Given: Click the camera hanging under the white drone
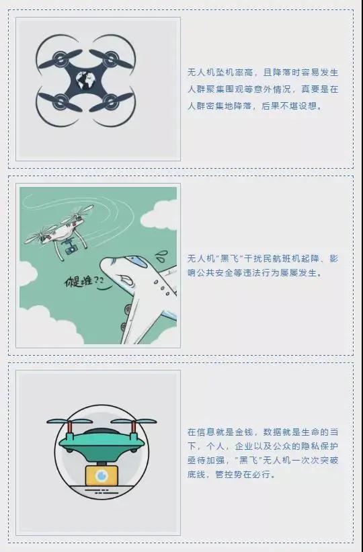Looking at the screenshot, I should click(x=69, y=250).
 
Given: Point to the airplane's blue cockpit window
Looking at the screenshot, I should click(x=134, y=259).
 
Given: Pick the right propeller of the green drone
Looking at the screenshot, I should click(x=134, y=422).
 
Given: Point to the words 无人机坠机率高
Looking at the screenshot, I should click(x=216, y=71).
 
